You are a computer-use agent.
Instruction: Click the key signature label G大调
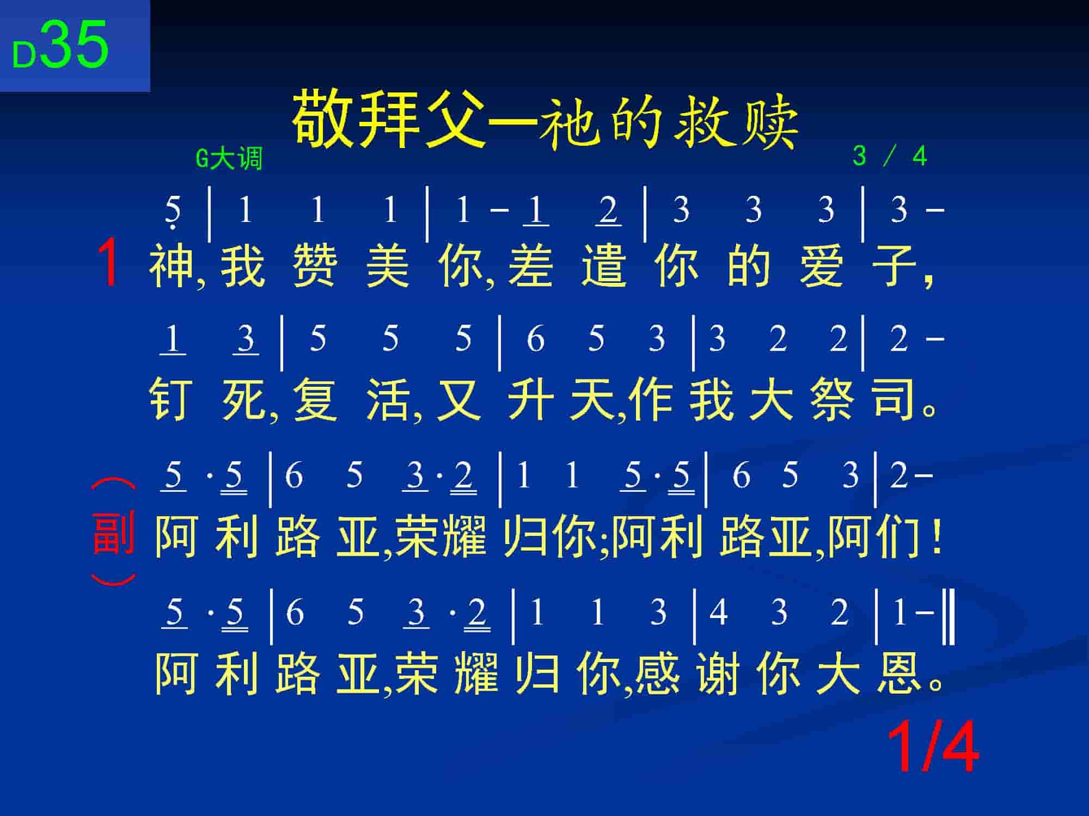[229, 159]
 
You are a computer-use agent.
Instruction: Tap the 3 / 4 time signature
[890, 157]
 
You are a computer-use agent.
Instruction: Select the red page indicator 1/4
[933, 747]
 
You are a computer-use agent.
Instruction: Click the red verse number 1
[108, 264]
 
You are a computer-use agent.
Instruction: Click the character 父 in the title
[456, 119]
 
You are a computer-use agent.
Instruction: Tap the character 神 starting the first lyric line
[171, 265]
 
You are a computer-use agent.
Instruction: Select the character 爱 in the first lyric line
[822, 265]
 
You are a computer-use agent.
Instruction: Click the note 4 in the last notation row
[718, 613]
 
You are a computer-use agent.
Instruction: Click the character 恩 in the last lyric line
[899, 673]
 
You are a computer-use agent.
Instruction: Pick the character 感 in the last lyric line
[657, 673]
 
